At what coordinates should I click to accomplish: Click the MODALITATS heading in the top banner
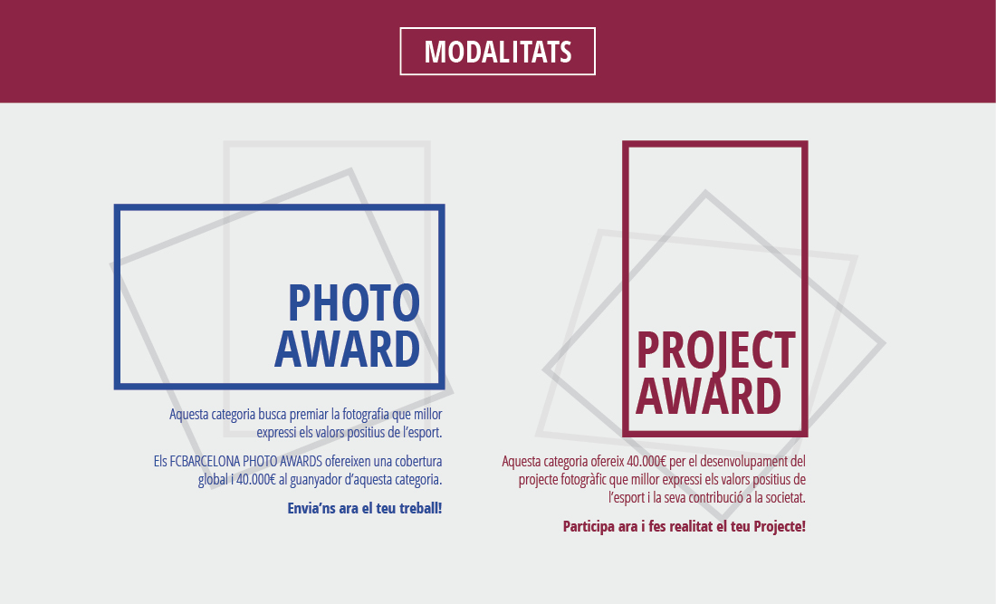(x=497, y=52)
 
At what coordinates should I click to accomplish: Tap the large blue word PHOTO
(x=354, y=302)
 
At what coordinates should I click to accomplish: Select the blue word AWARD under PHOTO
(x=347, y=349)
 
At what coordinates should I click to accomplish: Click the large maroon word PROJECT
(x=715, y=350)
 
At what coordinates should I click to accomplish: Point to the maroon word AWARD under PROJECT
(x=708, y=395)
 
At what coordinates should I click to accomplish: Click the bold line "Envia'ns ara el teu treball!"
(x=364, y=508)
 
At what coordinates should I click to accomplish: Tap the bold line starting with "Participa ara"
(x=684, y=526)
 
